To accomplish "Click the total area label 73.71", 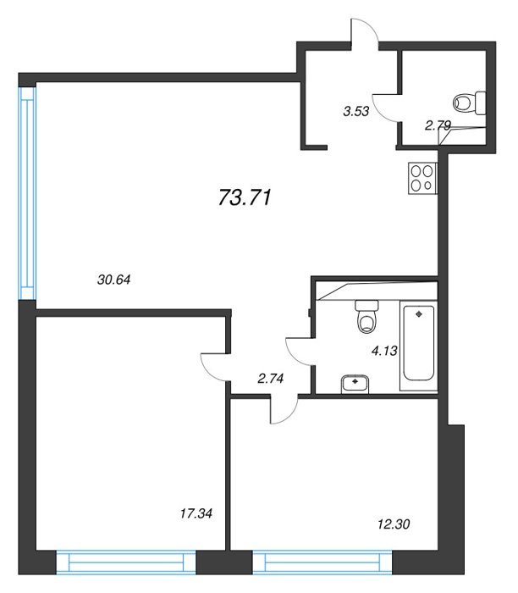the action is [245, 197].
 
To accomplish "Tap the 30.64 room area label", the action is [113, 280].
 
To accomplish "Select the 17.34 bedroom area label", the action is [196, 513].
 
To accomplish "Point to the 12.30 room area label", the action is [394, 524].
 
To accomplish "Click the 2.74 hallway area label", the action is [271, 378].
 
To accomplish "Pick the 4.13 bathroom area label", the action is [384, 351].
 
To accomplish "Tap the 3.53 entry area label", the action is [355, 111].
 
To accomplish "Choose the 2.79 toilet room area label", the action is [438, 125].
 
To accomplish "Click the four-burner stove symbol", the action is [422, 179].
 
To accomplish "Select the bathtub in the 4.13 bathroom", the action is [419, 346].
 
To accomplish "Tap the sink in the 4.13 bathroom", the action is [355, 384].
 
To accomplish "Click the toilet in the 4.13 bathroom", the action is [366, 316].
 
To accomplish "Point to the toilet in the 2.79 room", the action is [469, 103].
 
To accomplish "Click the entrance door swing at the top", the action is [364, 32].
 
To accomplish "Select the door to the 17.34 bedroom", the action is [215, 367].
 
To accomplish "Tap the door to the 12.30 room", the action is [284, 409].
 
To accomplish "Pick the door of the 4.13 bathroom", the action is [300, 352].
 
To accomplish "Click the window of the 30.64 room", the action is [28, 193].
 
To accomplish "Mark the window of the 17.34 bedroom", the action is [126, 563].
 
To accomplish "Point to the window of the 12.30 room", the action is [322, 563].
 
